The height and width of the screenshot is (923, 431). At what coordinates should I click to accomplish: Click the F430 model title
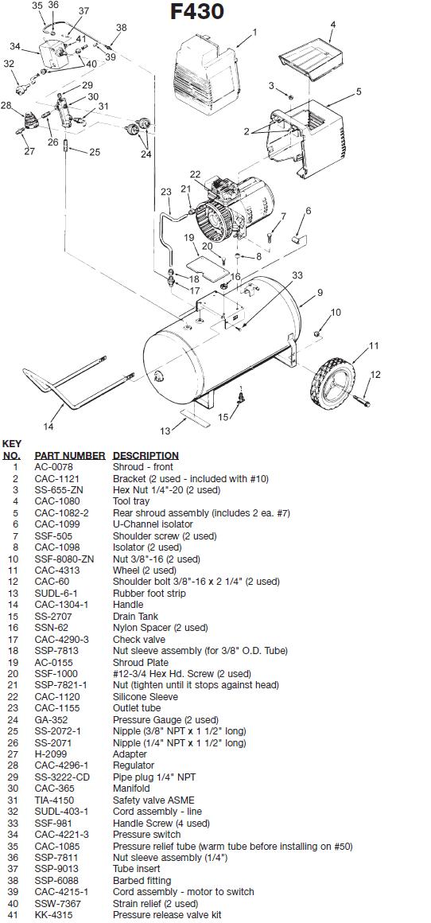(x=197, y=12)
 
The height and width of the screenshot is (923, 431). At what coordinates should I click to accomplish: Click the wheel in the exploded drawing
(x=331, y=383)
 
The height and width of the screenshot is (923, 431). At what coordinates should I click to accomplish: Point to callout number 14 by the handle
(x=49, y=426)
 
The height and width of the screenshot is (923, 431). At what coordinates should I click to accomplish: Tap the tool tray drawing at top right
(x=310, y=57)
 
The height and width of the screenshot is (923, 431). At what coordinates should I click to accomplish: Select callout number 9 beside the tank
(x=320, y=292)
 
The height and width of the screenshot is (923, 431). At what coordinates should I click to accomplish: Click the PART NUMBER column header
(x=70, y=455)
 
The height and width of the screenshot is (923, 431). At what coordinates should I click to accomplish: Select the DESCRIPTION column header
(x=146, y=455)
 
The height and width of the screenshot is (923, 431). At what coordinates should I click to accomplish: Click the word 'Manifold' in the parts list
(x=131, y=789)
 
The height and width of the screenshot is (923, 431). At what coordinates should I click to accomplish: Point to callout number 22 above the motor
(x=195, y=174)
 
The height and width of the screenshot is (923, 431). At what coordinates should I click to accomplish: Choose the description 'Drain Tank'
(x=134, y=616)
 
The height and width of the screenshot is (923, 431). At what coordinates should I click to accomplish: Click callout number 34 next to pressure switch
(x=14, y=46)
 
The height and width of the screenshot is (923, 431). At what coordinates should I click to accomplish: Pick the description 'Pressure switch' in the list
(x=147, y=834)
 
